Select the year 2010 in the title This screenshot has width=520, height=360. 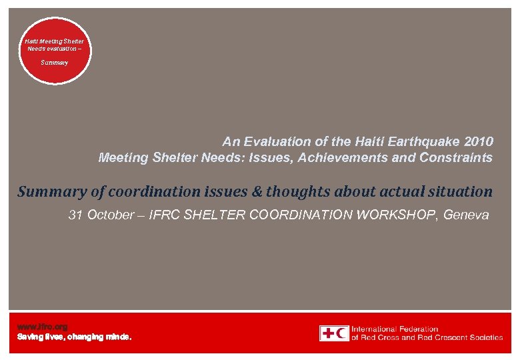coord(479,141)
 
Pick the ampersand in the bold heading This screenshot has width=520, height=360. coord(257,192)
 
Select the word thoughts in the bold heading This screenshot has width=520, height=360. coord(294,192)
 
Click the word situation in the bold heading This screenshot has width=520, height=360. coord(459,192)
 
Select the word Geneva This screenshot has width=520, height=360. coord(467,215)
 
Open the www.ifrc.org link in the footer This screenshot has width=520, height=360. coord(42,327)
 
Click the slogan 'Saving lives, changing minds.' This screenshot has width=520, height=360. coord(74,337)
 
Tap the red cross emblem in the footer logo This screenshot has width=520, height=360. coord(327,333)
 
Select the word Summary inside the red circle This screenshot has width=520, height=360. coord(55,62)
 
